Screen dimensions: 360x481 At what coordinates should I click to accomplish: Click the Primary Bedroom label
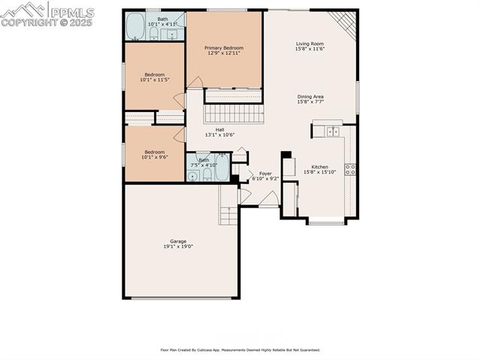(224, 47)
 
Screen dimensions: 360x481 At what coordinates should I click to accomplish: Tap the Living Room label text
(309, 44)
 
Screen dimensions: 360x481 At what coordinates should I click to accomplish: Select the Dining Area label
(310, 96)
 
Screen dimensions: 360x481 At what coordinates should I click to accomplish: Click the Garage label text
(178, 241)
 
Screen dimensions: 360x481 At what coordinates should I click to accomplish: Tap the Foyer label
(265, 173)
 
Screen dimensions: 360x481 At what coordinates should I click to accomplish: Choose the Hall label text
(219, 129)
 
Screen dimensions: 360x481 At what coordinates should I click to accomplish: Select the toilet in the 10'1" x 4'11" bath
(154, 33)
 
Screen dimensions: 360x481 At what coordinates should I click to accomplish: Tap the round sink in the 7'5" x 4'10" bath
(192, 176)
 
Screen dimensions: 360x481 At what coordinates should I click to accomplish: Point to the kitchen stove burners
(349, 169)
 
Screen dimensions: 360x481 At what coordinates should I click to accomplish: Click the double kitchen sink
(331, 132)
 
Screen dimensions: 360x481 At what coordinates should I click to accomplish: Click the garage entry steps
(228, 214)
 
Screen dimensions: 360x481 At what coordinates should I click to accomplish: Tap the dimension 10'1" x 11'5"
(154, 80)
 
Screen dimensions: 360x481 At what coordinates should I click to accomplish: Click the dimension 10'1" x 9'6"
(154, 157)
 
